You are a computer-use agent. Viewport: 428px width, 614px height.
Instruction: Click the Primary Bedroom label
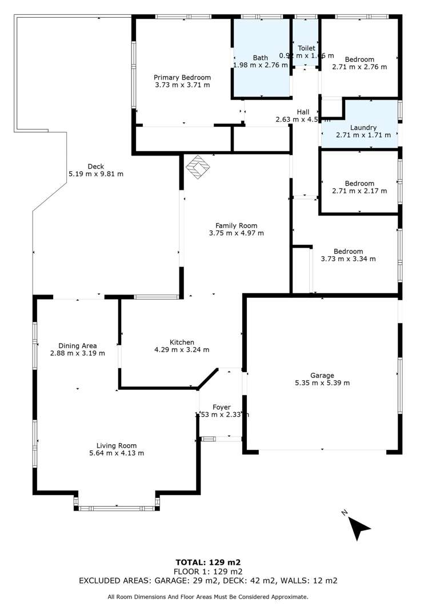(182, 77)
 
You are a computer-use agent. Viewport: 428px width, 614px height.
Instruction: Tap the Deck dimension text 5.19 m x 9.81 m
(96, 174)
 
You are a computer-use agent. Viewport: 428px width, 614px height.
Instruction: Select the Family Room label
(236, 225)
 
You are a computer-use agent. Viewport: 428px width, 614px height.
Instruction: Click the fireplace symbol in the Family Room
(198, 166)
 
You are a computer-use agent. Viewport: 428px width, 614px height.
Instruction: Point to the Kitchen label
(181, 342)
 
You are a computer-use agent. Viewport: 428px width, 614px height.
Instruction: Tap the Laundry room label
(363, 127)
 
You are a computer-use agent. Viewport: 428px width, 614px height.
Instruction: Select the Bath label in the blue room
(261, 58)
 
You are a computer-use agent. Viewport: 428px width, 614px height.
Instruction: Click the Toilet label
(306, 49)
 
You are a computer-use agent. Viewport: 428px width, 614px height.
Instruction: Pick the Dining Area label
(77, 345)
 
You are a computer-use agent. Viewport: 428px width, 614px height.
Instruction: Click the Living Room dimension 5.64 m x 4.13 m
(116, 453)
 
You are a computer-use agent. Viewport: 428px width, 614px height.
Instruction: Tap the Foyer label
(221, 407)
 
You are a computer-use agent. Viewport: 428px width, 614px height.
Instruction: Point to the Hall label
(303, 111)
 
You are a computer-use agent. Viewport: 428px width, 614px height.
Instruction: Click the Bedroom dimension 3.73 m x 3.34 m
(348, 258)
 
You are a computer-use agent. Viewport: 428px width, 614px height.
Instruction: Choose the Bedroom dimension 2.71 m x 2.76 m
(359, 66)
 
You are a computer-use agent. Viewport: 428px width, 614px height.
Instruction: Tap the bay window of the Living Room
(117, 507)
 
